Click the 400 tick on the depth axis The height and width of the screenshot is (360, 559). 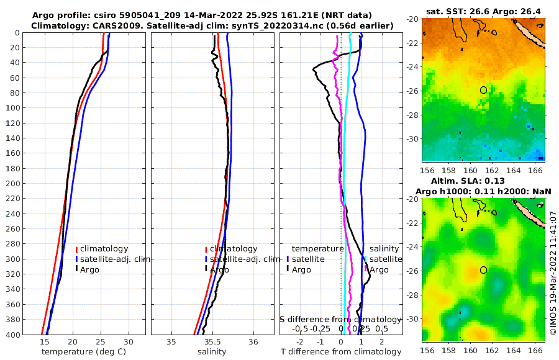pyautogui.click(x=12, y=335)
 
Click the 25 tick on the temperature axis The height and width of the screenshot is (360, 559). pyautogui.click(x=101, y=341)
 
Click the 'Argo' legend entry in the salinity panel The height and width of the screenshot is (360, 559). pyautogui.click(x=219, y=270)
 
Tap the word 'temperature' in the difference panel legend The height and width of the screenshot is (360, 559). pyautogui.click(x=317, y=249)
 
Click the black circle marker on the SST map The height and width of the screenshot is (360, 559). pyautogui.click(x=484, y=90)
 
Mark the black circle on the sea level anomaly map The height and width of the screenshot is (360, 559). pyautogui.click(x=484, y=270)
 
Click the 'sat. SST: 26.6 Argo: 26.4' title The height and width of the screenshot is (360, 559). pyautogui.click(x=484, y=12)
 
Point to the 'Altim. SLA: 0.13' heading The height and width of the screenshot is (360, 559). pyautogui.click(x=484, y=180)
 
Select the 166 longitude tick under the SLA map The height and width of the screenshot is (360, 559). pyautogui.click(x=538, y=349)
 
